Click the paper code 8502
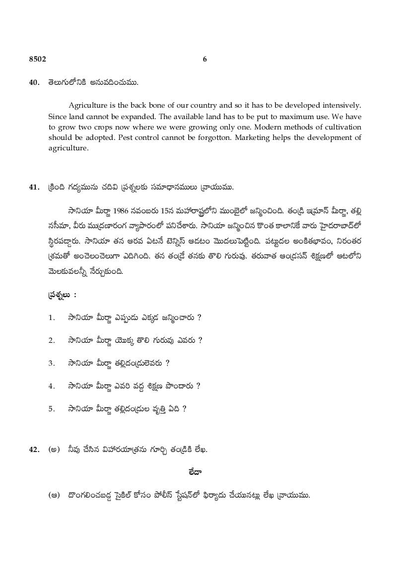pos(37,59)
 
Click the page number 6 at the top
pos(205,59)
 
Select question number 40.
pos(34,83)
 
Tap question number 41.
pos(34,188)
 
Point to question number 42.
pos(34,450)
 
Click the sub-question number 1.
pos(51,318)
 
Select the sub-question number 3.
pos(51,363)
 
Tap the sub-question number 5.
pos(51,409)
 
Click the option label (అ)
pos(54,450)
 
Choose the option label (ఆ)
pos(54,495)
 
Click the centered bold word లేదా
pos(205,472)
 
